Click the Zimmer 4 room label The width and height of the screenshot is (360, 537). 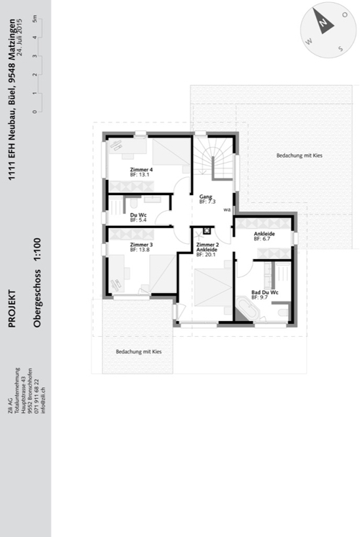[x=141, y=170]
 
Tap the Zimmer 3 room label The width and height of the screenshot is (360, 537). [x=141, y=245]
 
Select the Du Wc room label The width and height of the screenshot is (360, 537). [x=139, y=215]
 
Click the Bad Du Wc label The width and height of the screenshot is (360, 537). [x=265, y=292]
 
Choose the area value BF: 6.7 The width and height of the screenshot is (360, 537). [x=263, y=238]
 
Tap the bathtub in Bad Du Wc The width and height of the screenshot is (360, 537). [x=248, y=310]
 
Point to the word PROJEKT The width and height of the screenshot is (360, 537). [x=12, y=308]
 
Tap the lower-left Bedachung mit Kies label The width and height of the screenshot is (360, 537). [x=138, y=352]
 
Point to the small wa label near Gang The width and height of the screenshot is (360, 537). [x=227, y=210]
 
